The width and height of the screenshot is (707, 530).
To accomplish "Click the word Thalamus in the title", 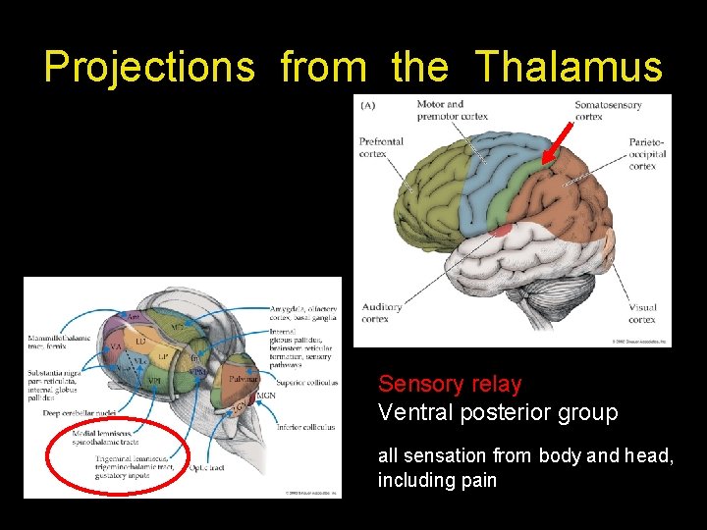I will pyautogui.click(x=570, y=67).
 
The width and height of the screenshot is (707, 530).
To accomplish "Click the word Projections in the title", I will pyautogui.click(x=149, y=67).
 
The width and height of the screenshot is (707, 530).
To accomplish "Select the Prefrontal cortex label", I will pyautogui.click(x=381, y=147).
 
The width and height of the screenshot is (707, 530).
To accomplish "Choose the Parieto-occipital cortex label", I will pyautogui.click(x=647, y=154).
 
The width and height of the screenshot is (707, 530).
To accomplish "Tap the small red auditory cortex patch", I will pyautogui.click(x=502, y=230).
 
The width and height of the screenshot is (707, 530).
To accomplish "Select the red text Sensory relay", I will pyautogui.click(x=450, y=384).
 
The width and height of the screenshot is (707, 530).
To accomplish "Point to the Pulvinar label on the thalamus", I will pyautogui.click(x=244, y=378).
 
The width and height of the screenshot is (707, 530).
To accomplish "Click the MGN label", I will pyautogui.click(x=266, y=397).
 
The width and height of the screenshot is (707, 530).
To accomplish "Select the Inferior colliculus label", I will pyautogui.click(x=305, y=427).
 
